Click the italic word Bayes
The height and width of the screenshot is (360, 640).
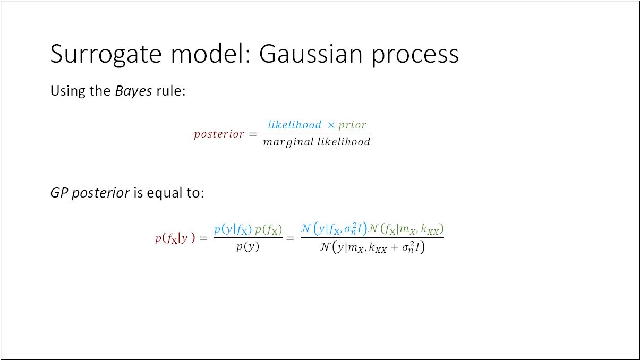(x=133, y=91)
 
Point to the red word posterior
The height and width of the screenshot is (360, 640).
(x=219, y=134)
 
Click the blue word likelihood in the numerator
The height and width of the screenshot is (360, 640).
(x=294, y=125)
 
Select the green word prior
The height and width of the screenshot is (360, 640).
(x=352, y=125)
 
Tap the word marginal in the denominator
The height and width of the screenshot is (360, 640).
(x=288, y=142)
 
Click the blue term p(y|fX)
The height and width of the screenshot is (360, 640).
(x=233, y=229)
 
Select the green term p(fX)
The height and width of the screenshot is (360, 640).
(x=269, y=229)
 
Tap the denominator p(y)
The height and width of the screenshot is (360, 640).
(x=248, y=247)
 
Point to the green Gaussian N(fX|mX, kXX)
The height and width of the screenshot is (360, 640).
(x=406, y=229)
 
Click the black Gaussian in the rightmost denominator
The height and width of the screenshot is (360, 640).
(x=372, y=247)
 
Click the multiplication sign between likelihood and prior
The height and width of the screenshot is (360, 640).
(x=331, y=125)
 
